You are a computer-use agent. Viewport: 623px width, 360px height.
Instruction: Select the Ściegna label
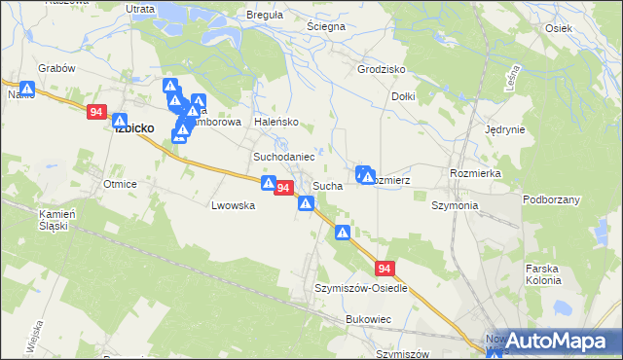(x=326, y=27)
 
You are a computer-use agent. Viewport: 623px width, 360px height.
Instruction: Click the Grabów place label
(x=56, y=69)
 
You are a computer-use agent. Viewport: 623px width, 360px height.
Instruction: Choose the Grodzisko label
(x=381, y=70)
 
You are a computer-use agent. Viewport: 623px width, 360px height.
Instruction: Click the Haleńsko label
(x=275, y=123)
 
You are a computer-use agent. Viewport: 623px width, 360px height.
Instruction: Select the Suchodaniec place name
(x=283, y=157)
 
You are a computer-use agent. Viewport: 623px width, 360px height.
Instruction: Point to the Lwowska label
(x=234, y=206)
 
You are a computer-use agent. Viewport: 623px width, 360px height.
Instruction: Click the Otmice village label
(x=120, y=184)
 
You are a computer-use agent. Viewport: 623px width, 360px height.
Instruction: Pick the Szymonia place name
(x=455, y=206)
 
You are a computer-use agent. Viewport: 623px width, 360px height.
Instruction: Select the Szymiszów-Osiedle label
(x=360, y=289)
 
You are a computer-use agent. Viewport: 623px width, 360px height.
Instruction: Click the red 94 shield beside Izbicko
(x=95, y=113)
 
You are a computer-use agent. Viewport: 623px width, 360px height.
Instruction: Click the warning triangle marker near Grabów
(x=26, y=90)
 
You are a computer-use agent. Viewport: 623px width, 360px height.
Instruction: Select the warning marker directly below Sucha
(x=306, y=203)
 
